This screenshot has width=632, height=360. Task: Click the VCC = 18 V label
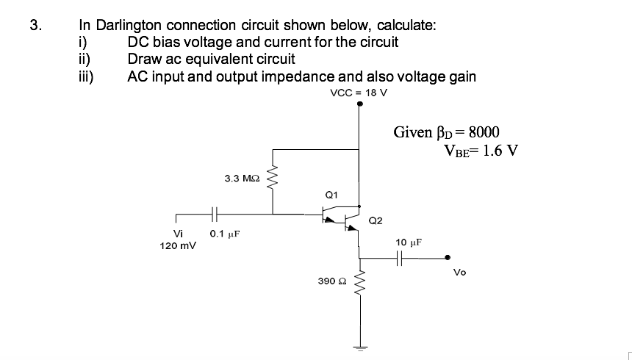(359, 93)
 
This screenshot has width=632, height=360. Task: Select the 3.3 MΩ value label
(240, 179)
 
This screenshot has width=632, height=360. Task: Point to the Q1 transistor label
(331, 195)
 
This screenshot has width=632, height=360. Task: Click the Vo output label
(459, 271)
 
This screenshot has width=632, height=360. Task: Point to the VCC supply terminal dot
(359, 104)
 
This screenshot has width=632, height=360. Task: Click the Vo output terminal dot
(449, 258)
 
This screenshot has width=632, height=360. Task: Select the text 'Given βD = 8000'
(446, 132)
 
